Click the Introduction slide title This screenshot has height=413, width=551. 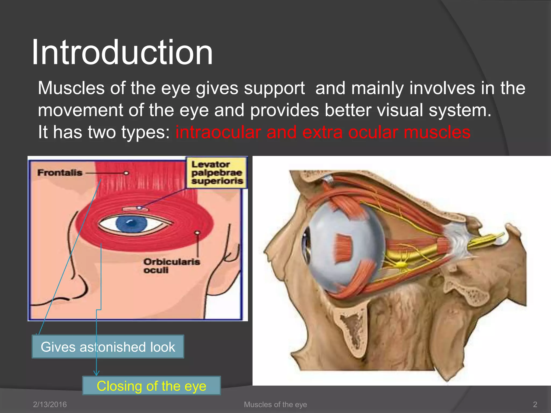[122, 52]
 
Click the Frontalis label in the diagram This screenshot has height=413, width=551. [60, 173]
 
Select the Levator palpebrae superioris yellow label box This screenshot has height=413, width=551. [217, 173]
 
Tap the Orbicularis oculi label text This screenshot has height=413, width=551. [171, 266]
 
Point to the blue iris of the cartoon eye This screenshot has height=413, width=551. [132, 224]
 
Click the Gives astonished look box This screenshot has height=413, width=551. [108, 347]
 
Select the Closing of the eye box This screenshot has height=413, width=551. [151, 386]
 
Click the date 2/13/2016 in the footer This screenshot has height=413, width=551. [50, 404]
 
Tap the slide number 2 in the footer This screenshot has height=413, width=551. [535, 404]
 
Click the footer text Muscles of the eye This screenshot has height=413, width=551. [275, 404]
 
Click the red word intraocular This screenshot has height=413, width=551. [218, 132]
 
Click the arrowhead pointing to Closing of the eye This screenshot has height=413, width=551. [96, 373]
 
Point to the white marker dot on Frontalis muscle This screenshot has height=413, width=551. [126, 173]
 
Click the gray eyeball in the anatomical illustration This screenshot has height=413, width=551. [347, 247]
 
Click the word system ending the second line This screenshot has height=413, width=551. [460, 110]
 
